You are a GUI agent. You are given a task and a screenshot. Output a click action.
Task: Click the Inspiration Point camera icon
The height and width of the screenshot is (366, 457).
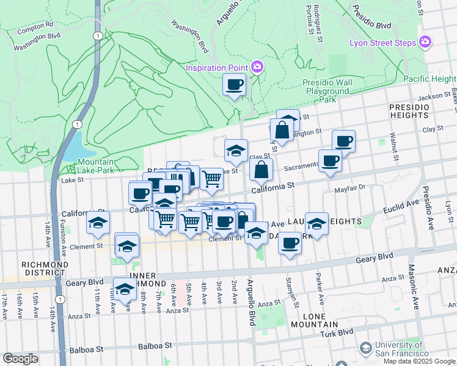257,66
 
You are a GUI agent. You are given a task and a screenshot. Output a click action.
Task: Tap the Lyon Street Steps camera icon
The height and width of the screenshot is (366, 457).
425,43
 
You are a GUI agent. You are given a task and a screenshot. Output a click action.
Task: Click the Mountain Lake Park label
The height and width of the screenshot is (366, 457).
96,167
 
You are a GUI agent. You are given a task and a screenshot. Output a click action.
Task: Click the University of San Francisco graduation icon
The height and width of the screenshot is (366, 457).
365,348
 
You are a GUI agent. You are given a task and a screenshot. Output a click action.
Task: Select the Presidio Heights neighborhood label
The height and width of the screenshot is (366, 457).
409,111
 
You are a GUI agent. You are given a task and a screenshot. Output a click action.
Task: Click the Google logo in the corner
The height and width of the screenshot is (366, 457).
20,359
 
